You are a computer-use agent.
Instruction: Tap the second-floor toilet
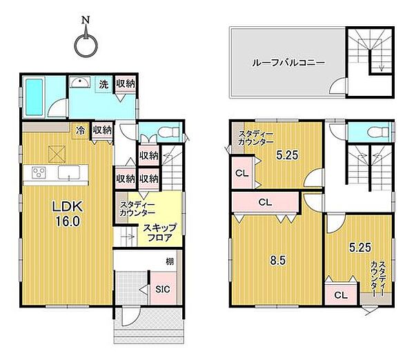(x=373, y=131)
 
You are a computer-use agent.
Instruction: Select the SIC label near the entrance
(x=163, y=289)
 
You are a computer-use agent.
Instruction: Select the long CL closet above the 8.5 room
(x=265, y=203)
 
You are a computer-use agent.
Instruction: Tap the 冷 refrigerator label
(x=81, y=129)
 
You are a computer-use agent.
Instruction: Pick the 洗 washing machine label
(x=103, y=84)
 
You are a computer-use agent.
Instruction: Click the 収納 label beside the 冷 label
(x=102, y=129)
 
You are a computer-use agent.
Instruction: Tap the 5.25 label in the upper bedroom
(x=286, y=155)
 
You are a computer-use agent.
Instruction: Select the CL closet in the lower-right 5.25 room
(x=339, y=295)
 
